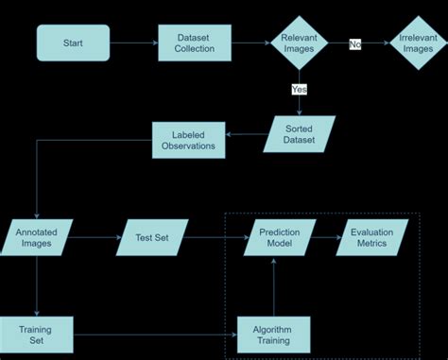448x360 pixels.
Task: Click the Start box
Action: coord(73,43)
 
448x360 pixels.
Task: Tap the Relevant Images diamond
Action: coord(300,43)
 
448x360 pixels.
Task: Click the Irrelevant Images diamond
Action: coord(417,43)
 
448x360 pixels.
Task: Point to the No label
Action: coord(355,43)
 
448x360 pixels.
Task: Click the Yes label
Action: coord(300,90)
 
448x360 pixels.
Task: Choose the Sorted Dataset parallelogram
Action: coord(300,134)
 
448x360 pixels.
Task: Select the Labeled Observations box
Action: coord(187,140)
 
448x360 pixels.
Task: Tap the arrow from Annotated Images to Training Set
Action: coord(36,284)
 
